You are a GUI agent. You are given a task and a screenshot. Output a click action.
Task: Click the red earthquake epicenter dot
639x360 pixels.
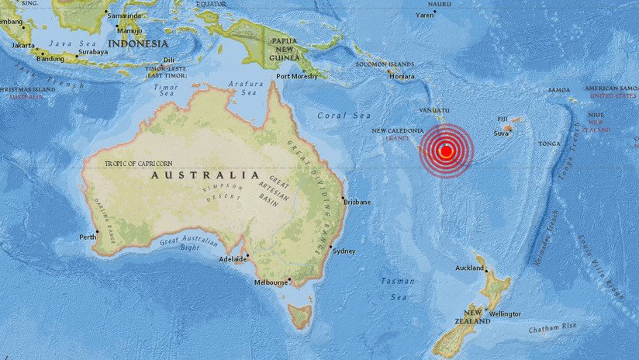tap(446, 151)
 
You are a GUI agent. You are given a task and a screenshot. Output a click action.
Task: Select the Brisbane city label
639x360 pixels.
tap(357, 202)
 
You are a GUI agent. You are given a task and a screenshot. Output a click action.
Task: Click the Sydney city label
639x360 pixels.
tap(344, 251)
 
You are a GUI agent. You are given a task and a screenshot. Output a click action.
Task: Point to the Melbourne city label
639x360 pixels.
tap(271, 283)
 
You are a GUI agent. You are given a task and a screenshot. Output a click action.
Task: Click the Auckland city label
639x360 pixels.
tap(469, 268)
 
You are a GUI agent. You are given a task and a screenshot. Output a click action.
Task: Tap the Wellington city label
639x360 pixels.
tap(506, 314)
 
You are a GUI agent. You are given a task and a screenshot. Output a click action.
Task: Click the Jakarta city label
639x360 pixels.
tap(24, 45)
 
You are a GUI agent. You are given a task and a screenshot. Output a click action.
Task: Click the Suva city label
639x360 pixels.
tap(501, 133)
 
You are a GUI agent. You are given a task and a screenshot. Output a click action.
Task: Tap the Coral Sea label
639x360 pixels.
tap(334, 116)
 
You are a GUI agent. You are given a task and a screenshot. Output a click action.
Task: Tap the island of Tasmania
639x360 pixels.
tap(299, 316)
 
